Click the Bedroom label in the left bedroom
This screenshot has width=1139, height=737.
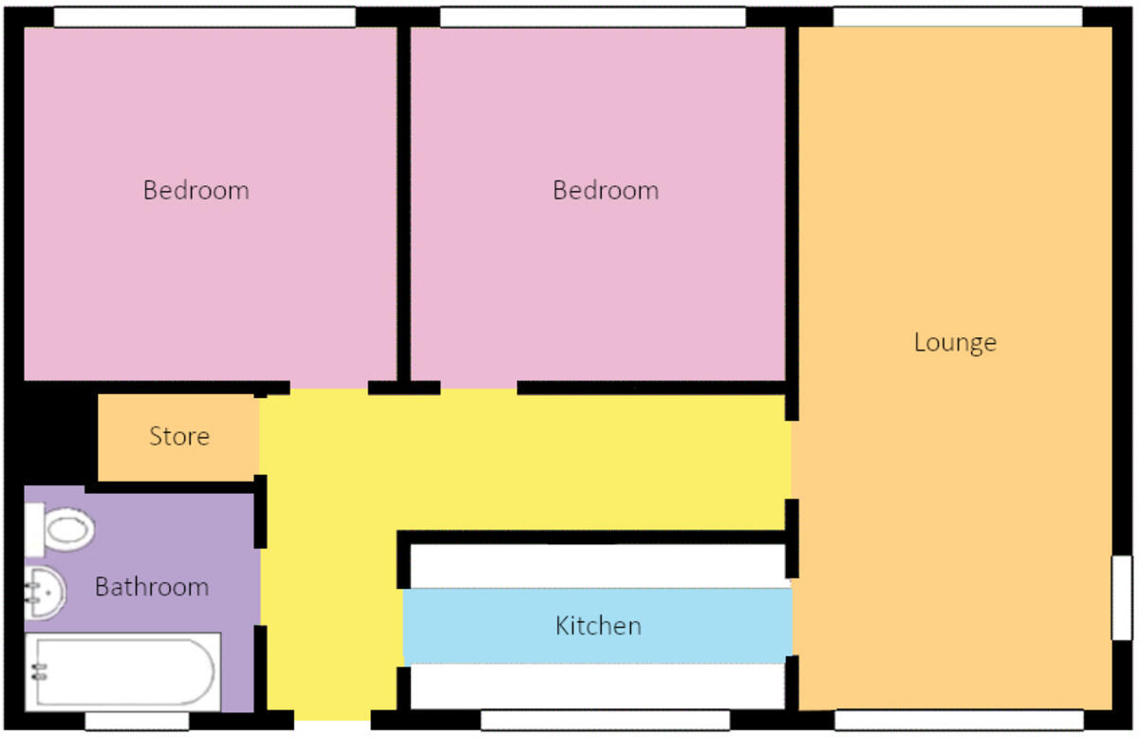196,190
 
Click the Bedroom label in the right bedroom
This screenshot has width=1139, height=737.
606,190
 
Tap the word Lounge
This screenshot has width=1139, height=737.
955,342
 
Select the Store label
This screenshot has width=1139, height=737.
179,437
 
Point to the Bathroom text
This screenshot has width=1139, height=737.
152,587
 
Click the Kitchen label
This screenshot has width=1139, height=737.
598,626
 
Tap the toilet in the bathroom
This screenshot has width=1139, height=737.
61,529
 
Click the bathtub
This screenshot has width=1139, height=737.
123,671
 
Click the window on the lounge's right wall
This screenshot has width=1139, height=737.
1122,597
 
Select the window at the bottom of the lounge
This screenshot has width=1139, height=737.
958,721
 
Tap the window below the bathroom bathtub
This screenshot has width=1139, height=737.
137,722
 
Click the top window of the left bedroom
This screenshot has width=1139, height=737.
204,17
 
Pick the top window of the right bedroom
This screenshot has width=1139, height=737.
593,17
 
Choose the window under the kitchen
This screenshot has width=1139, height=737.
605,722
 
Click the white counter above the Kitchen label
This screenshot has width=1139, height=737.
598,566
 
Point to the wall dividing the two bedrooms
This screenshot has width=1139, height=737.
403,204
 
